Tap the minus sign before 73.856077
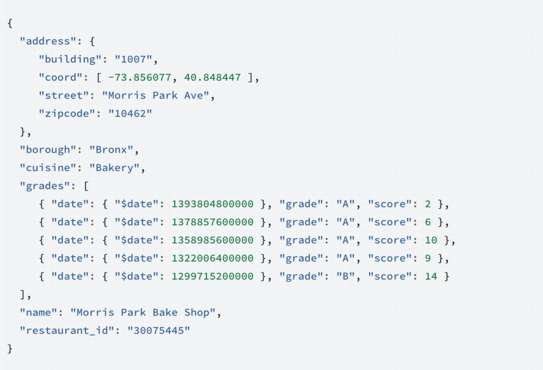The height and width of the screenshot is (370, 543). [x=111, y=77]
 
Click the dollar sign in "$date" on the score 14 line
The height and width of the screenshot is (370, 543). [x=124, y=276]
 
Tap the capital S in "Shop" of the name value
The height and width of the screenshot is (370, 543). [x=187, y=312]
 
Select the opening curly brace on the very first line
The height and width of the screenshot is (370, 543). [x=10, y=23]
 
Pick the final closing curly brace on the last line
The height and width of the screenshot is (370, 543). [x=10, y=349]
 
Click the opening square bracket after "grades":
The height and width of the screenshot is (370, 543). [x=86, y=186]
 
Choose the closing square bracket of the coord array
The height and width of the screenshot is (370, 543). [x=251, y=77]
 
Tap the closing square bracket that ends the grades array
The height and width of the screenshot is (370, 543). [x=22, y=294]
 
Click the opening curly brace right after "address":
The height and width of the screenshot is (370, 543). [x=92, y=41]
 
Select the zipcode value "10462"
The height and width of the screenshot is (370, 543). [x=130, y=113]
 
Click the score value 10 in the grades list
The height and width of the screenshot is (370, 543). [x=431, y=240]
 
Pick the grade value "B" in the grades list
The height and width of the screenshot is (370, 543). [x=346, y=276]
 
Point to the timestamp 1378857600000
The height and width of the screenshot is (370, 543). [x=213, y=222]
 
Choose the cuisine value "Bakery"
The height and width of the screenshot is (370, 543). [x=115, y=168]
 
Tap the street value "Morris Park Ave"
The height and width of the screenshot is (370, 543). [x=155, y=95]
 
